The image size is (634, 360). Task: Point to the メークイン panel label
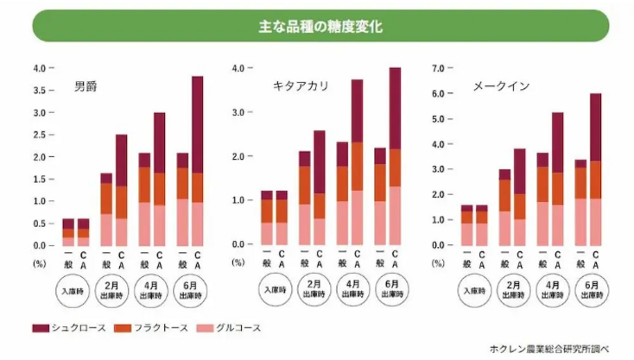[500, 86]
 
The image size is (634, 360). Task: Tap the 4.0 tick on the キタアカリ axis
[240, 68]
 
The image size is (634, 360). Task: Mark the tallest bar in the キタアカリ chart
[395, 156]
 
